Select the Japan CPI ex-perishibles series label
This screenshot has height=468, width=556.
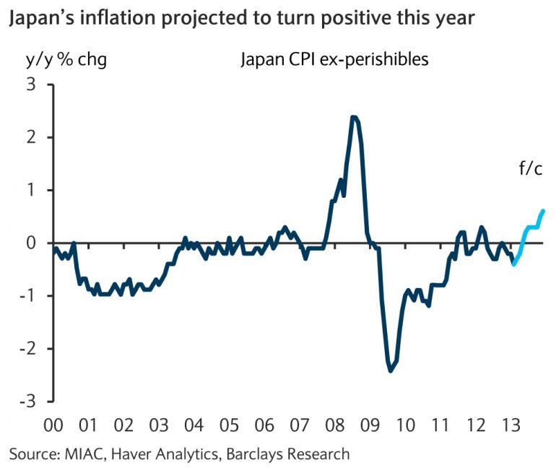(x=334, y=59)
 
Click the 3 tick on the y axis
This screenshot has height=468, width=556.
(x=31, y=85)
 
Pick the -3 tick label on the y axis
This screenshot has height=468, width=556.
(x=27, y=402)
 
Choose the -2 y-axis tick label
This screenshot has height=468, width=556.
(x=27, y=349)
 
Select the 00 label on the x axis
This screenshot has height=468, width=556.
(x=53, y=425)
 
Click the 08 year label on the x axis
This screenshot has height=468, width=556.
(x=335, y=425)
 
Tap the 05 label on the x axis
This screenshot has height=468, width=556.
(x=230, y=425)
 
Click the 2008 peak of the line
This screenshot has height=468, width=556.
(x=354, y=118)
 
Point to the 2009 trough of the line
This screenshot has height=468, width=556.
(x=391, y=370)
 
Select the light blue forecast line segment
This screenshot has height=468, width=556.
(x=529, y=227)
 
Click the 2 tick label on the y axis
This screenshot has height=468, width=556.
(x=31, y=138)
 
